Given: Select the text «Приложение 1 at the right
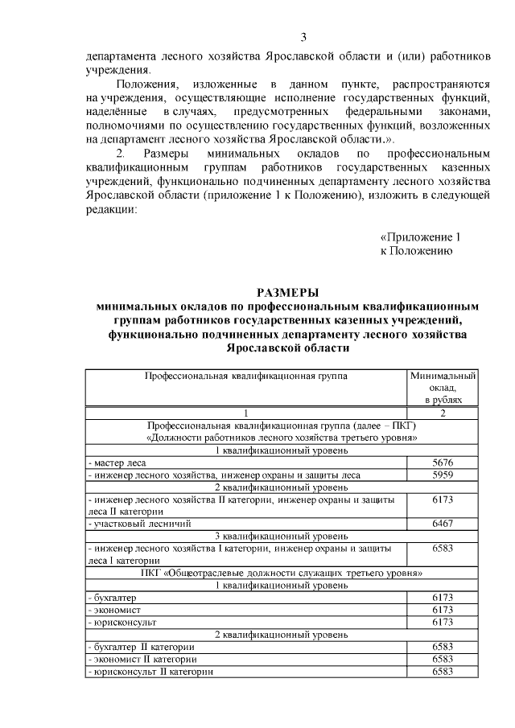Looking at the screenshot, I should [419, 237].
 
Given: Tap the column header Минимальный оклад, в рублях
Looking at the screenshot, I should [443, 387].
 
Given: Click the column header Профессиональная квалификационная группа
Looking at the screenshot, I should [246, 376].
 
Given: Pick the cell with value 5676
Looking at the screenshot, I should [443, 463].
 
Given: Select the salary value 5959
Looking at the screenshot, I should [443, 475].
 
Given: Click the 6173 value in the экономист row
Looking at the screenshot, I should [443, 610].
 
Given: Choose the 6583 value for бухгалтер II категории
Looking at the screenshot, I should [443, 647].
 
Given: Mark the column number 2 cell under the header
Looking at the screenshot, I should [443, 413].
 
